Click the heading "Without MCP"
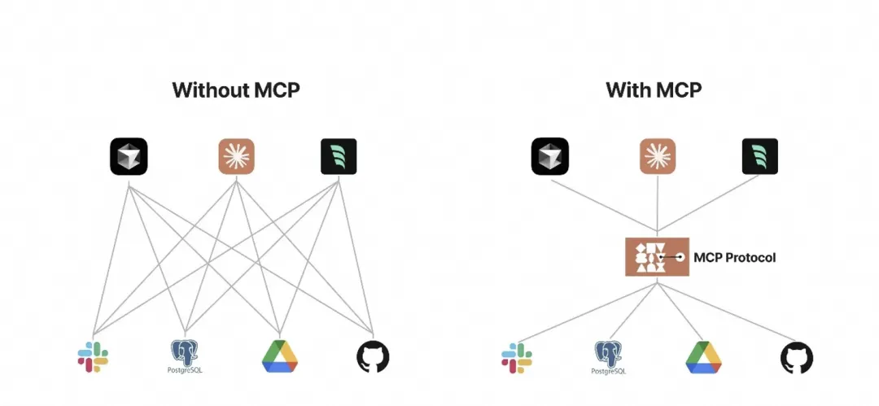(x=236, y=89)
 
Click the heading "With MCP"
(x=654, y=89)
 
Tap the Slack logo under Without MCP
(x=93, y=356)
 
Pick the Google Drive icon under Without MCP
(x=280, y=356)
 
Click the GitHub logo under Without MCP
(x=373, y=356)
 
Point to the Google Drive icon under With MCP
(x=704, y=357)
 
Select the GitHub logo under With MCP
(x=797, y=357)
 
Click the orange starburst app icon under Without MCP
(x=237, y=156)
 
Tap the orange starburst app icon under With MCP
(x=658, y=156)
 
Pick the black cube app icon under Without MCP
(x=129, y=156)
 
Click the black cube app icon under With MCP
(x=549, y=156)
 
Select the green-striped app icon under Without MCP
(x=338, y=156)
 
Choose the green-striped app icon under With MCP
(x=759, y=156)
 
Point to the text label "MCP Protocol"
(x=734, y=257)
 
